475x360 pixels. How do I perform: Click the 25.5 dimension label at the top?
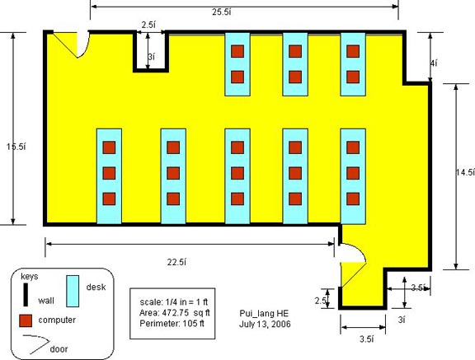tap(222, 12)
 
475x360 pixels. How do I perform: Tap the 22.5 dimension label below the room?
tap(176, 262)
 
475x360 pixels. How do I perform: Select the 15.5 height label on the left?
tap(16, 147)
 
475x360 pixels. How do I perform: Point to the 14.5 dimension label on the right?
tap(465, 172)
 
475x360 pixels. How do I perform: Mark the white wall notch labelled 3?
tap(151, 51)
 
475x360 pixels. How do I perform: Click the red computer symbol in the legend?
tap(26, 320)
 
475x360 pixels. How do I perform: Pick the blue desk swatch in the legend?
tap(73, 291)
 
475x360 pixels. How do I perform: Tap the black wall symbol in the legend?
tap(26, 294)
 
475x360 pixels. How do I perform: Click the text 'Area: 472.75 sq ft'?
tap(175, 312)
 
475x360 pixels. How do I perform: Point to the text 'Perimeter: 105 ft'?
tap(172, 324)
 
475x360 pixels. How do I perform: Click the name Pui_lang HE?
tap(264, 313)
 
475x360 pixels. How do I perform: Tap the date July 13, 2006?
tap(265, 325)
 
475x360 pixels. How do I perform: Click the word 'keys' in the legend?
tap(30, 277)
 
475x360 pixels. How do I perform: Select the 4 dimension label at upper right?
tap(434, 63)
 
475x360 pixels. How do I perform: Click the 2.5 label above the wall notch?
tap(148, 25)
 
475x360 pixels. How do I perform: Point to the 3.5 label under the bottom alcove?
tap(366, 339)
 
